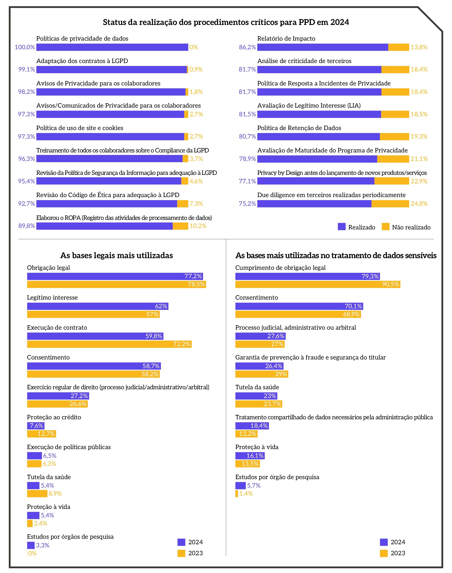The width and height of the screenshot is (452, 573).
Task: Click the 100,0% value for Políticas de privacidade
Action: point(25,47)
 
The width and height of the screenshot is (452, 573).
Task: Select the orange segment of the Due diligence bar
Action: point(390,204)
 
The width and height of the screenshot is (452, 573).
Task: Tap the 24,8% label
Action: point(419,204)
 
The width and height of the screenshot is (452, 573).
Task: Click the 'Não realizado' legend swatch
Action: point(385,227)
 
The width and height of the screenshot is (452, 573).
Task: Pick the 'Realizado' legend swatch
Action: point(342,227)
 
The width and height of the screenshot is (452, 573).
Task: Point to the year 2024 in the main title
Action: point(340,22)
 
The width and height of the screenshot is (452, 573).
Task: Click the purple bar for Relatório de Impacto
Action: point(323,47)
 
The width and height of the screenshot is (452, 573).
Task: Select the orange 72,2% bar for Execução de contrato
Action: point(109,344)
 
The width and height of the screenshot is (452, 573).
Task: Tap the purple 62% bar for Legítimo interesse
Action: point(98,306)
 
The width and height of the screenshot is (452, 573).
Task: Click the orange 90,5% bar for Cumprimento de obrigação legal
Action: point(318,284)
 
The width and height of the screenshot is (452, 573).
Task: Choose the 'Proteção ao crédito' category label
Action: point(54,417)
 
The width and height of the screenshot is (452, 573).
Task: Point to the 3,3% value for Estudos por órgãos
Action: point(43,545)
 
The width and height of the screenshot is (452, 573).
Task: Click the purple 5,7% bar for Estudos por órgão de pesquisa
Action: point(240,485)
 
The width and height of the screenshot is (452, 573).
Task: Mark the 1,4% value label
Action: point(246,493)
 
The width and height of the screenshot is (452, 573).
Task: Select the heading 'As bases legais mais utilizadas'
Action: point(116,255)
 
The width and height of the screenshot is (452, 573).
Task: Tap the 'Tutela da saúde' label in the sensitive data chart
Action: point(257,387)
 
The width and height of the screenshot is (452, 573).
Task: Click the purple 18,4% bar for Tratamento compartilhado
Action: point(252,426)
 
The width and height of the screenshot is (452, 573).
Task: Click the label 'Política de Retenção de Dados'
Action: point(299,128)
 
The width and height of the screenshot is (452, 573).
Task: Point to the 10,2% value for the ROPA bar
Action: point(198,226)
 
